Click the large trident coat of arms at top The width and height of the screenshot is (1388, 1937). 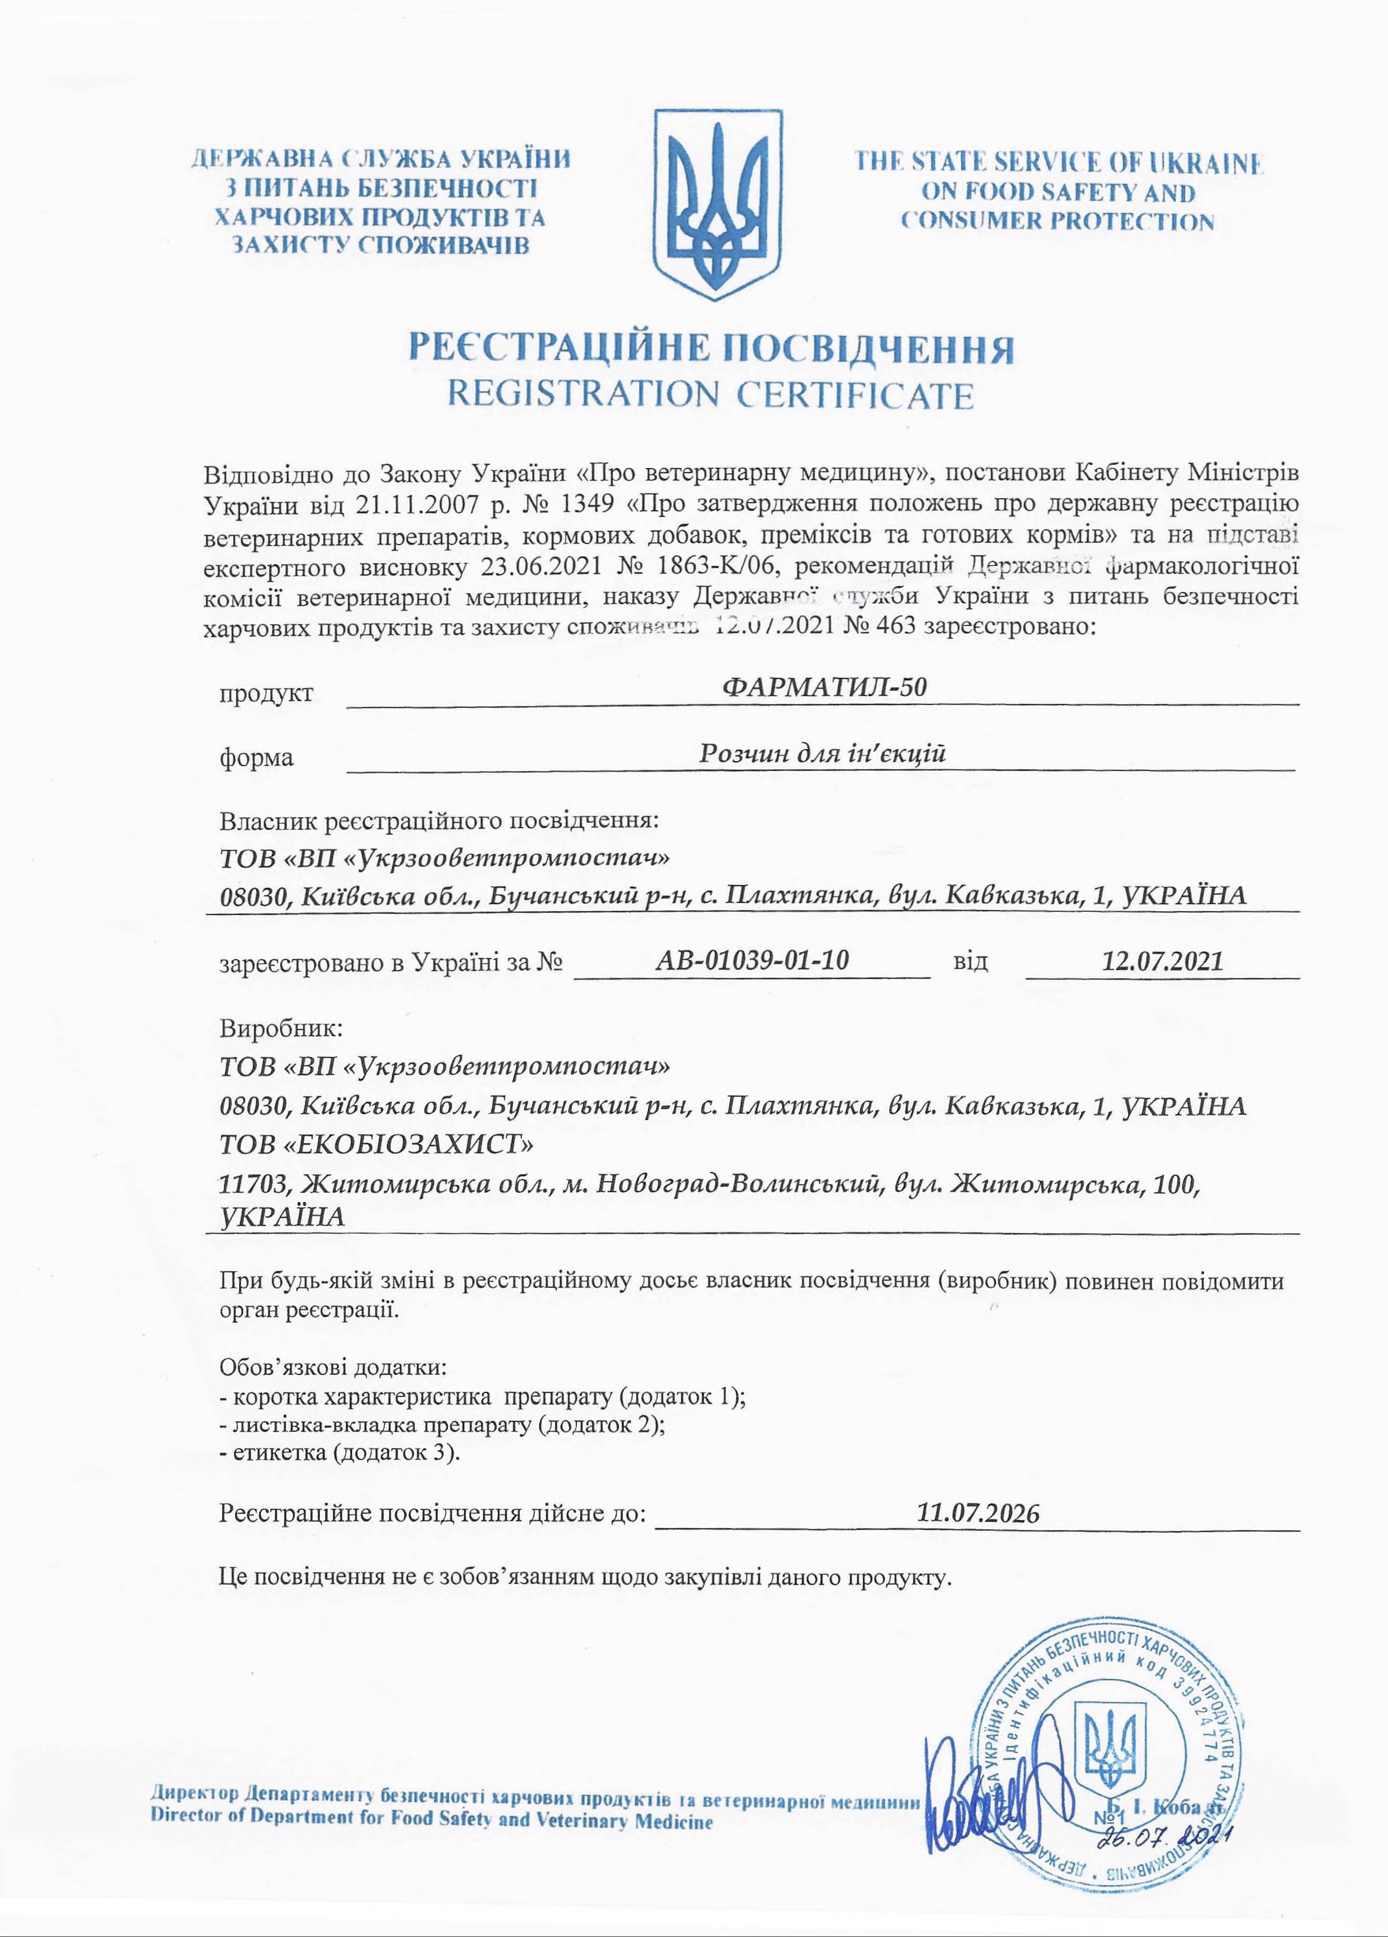click(717, 205)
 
